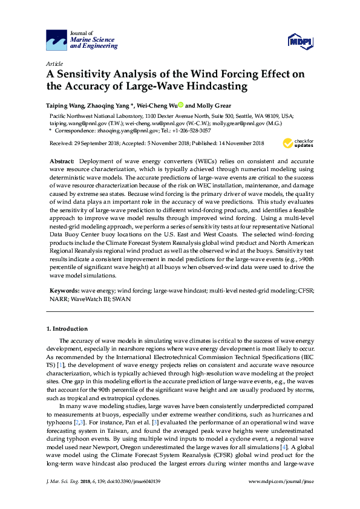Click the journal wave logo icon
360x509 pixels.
[x=57, y=40]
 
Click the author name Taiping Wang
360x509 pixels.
[x=65, y=105]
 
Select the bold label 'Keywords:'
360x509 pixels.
[x=64, y=291]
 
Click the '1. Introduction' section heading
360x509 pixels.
[x=67, y=329]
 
